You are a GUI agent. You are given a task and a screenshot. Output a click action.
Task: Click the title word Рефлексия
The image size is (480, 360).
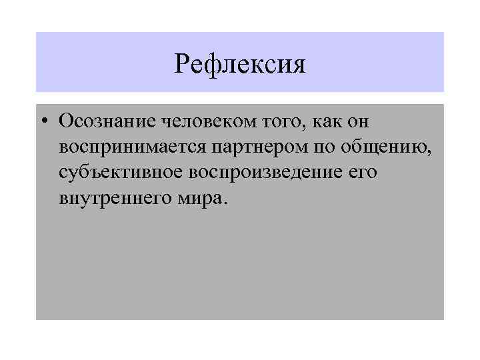239,65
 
